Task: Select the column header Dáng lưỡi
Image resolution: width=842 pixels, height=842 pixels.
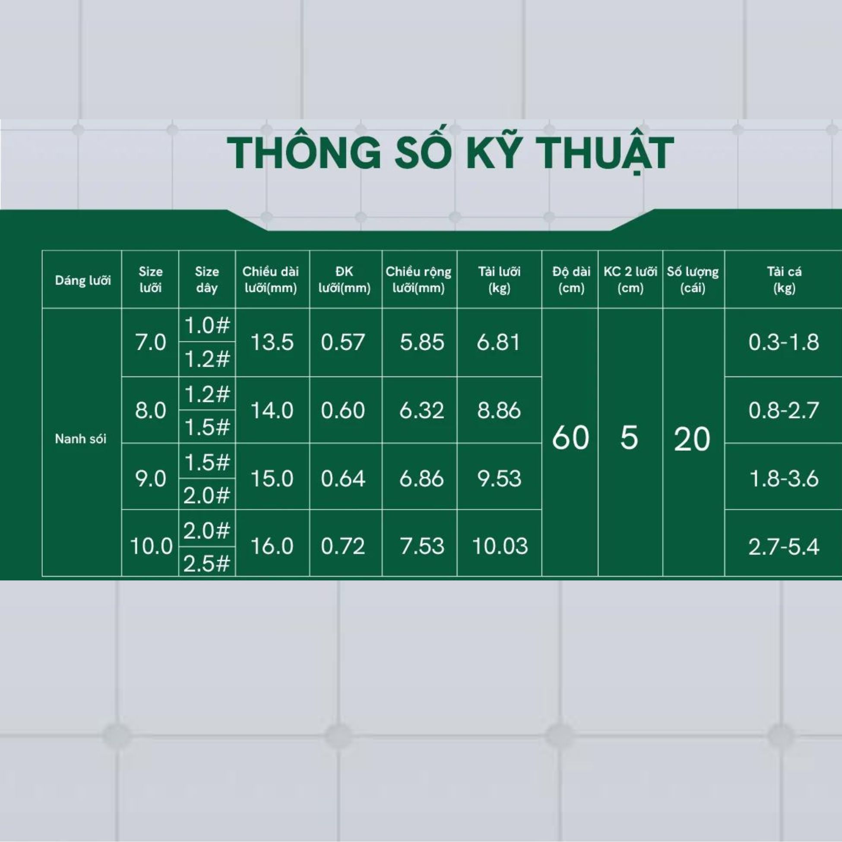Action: click(x=83, y=280)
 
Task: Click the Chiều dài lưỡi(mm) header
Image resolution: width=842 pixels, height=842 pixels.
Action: click(x=271, y=280)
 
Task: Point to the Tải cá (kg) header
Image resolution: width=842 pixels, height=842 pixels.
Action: click(x=784, y=280)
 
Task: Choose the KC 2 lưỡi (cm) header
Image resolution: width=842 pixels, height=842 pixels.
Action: click(x=630, y=280)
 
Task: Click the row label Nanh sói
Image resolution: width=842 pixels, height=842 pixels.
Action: click(x=81, y=439)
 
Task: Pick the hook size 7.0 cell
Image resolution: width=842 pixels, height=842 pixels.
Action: click(x=151, y=342)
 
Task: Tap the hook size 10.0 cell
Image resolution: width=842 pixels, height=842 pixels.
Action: click(x=151, y=546)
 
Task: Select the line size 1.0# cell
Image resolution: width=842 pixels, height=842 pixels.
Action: click(x=207, y=325)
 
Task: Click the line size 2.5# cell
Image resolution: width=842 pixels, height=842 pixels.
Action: click(x=206, y=564)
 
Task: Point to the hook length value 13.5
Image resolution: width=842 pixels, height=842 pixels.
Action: click(x=272, y=342)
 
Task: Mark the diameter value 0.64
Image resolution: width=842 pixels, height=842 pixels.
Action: click(x=342, y=478)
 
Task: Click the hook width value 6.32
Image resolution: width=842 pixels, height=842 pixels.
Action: click(x=421, y=411)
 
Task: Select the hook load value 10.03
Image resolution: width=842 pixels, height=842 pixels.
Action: click(x=500, y=546)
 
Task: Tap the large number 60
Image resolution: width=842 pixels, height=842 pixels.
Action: click(x=570, y=437)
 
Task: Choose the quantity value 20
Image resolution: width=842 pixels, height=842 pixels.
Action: click(x=692, y=439)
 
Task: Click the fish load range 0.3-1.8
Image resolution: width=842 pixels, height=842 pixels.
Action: click(x=784, y=342)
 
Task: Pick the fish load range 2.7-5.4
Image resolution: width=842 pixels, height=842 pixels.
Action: click(x=784, y=547)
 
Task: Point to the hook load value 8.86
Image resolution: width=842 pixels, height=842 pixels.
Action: click(x=499, y=411)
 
